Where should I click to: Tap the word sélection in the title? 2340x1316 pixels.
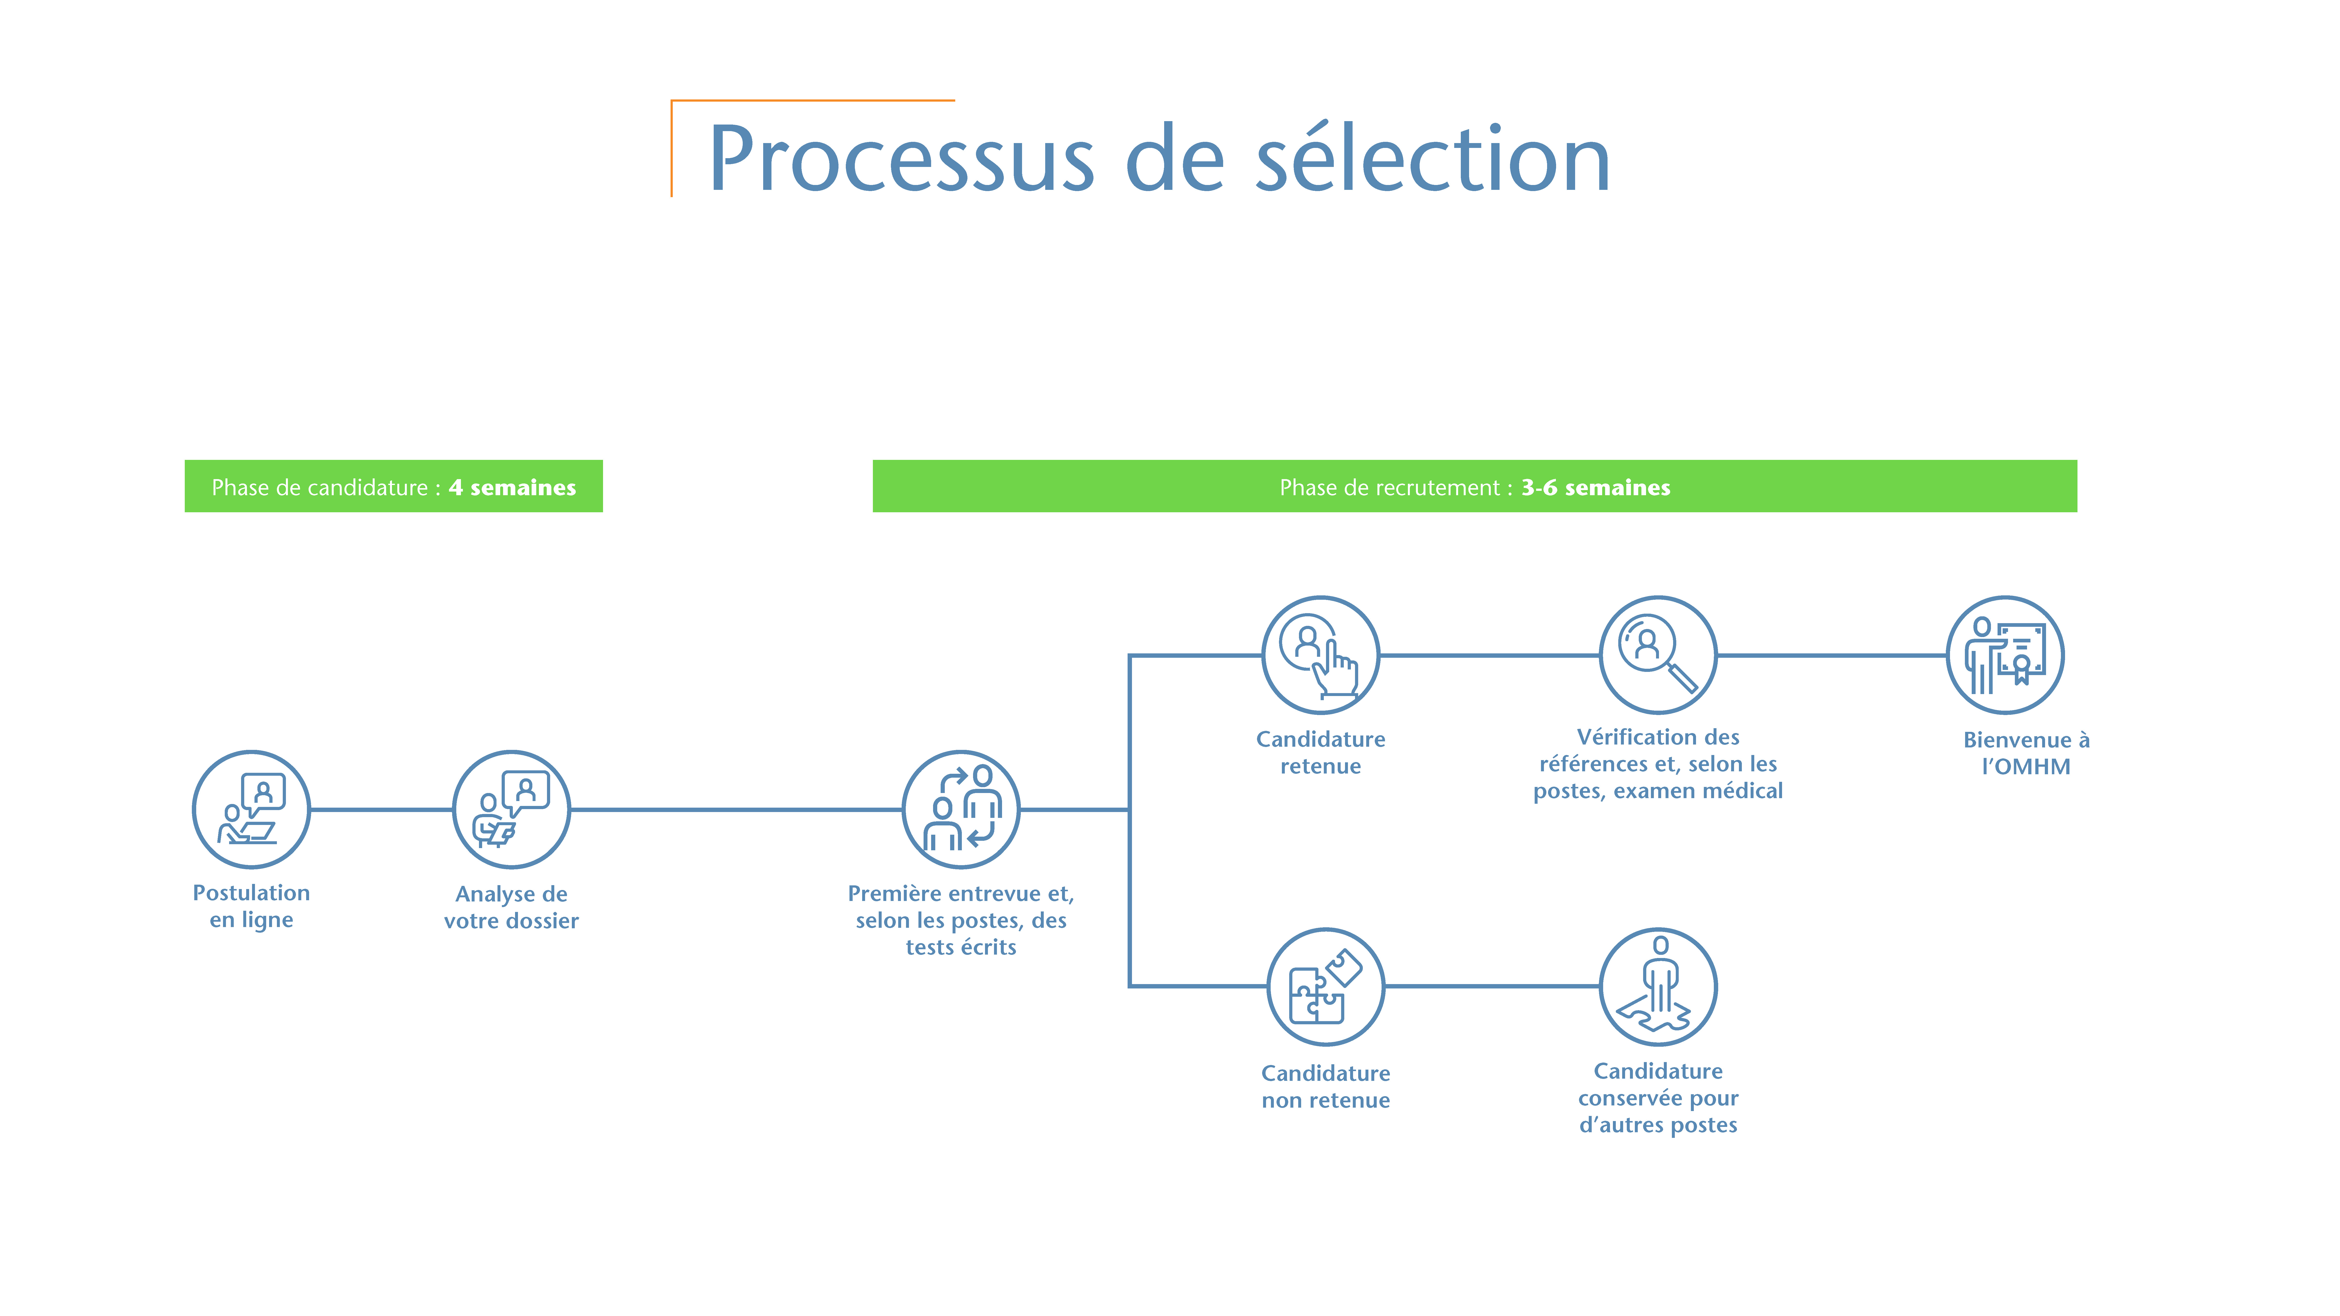(x=1433, y=156)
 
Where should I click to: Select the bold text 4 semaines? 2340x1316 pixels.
(x=512, y=488)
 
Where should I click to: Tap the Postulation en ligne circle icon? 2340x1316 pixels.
(x=252, y=809)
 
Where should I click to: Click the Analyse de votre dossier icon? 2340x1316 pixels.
(x=511, y=809)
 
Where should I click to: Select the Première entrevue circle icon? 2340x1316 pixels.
(x=961, y=809)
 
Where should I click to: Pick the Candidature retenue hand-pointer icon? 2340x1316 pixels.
(x=1321, y=655)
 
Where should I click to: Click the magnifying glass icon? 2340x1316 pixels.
(x=1658, y=655)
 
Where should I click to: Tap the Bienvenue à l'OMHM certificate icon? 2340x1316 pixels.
(x=2005, y=655)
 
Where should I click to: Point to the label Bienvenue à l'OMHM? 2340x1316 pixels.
(x=2027, y=753)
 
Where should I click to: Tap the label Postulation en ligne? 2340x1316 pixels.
(x=252, y=906)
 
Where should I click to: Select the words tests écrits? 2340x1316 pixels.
(x=961, y=947)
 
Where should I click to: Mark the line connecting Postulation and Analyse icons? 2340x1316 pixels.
(x=381, y=809)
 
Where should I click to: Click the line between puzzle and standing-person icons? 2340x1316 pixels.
(x=1492, y=986)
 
